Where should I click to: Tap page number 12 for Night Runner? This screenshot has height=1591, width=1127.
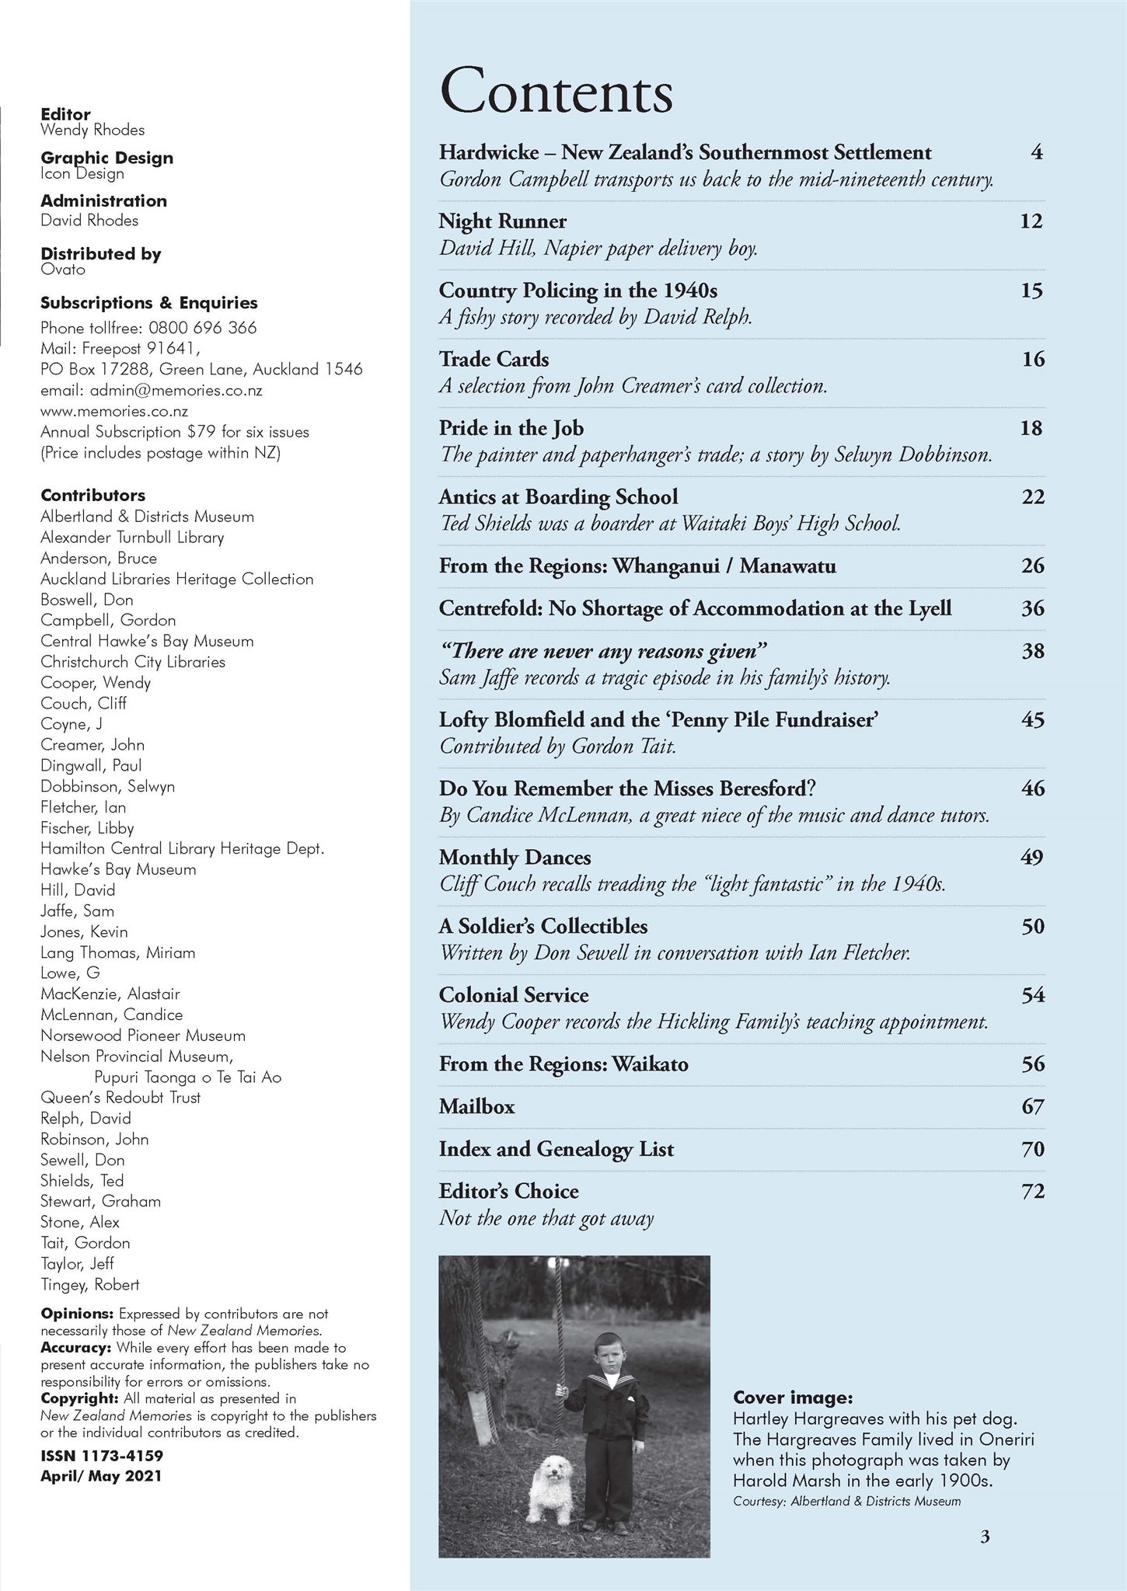1031,221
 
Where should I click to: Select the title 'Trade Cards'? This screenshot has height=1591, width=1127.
494,359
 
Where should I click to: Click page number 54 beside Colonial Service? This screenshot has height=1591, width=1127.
1032,995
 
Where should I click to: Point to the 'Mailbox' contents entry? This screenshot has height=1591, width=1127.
476,1106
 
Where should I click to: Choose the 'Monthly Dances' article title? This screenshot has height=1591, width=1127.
515,858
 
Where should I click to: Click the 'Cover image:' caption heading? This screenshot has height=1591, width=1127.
793,1398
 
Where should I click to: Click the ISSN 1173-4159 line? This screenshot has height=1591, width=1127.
102,1455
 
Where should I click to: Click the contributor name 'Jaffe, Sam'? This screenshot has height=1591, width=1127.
77,910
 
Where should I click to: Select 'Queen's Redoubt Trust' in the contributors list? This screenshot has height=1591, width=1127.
120,1097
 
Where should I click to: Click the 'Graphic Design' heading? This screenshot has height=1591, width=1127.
106,158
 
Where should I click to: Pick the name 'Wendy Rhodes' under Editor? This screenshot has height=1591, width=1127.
92,130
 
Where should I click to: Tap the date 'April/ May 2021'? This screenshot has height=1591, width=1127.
101,1475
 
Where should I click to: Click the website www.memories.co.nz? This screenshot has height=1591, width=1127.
114,411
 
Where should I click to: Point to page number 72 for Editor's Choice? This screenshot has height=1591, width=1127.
1032,1191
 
